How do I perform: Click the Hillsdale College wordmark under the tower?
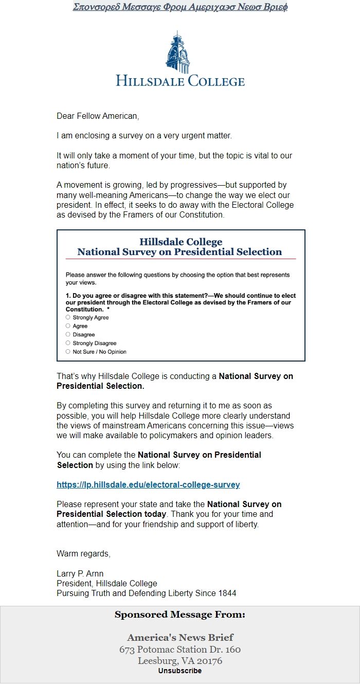point(180,81)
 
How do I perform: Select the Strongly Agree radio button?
point(68,317)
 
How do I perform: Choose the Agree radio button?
point(68,326)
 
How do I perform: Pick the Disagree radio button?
point(68,334)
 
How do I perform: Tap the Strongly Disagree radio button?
point(68,343)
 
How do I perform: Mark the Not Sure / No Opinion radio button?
point(68,352)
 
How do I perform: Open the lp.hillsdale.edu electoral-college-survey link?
point(148,484)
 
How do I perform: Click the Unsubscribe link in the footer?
point(180,671)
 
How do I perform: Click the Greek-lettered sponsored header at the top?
point(180,7)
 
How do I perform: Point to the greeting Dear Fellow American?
point(98,116)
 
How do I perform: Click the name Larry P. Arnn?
point(80,573)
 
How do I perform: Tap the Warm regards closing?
point(83,554)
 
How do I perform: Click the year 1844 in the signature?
point(227,593)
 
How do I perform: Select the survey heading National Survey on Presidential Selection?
point(179,252)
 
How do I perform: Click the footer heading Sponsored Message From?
point(180,615)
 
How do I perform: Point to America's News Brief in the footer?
point(180,638)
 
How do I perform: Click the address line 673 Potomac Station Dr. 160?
point(180,650)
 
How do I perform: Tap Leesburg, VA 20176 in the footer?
point(180,661)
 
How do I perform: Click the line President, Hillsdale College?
point(107,583)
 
